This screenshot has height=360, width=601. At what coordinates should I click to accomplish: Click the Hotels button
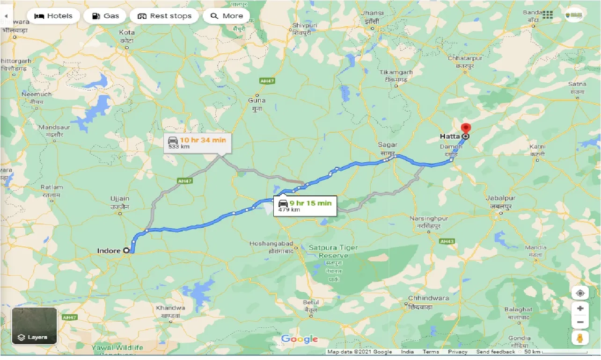[x=53, y=16]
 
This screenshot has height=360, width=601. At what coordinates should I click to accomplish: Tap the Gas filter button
[x=105, y=16]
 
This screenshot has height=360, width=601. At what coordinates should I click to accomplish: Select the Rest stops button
[x=164, y=16]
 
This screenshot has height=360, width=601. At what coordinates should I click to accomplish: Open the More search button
[x=227, y=16]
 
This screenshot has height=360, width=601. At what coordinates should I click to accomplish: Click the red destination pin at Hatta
[x=465, y=129]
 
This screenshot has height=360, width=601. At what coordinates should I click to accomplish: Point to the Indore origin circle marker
[x=126, y=251]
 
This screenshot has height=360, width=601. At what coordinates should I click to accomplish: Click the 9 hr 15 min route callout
[x=305, y=205]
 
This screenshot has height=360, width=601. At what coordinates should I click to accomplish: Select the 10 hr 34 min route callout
[x=197, y=143]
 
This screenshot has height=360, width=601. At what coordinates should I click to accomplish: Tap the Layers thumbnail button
[x=34, y=325]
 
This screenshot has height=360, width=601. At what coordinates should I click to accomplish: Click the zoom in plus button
[x=580, y=309]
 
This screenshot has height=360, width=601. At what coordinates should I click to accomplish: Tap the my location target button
[x=580, y=293]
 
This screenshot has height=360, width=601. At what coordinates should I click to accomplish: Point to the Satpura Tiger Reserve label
[x=333, y=252]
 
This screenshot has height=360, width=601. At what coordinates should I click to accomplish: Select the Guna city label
[x=257, y=103]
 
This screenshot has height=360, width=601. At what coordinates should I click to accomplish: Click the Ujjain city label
[x=120, y=202]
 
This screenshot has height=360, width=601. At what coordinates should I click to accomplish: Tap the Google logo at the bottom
[x=300, y=339]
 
